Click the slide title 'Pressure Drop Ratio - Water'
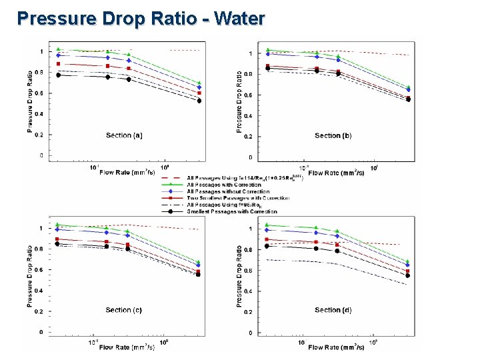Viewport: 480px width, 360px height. click(x=141, y=17)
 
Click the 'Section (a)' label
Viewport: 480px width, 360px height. click(x=123, y=135)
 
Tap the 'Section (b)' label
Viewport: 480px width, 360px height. click(x=333, y=136)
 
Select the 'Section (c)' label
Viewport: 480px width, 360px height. click(x=123, y=310)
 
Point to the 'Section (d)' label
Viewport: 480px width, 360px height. click(x=333, y=310)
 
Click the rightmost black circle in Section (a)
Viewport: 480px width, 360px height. click(x=199, y=101)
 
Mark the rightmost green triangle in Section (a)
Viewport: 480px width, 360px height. click(x=199, y=83)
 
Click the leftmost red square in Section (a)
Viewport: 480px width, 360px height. click(x=59, y=64)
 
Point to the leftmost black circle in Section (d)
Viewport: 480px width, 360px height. click(x=267, y=246)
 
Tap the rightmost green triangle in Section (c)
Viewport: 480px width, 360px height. click(x=199, y=262)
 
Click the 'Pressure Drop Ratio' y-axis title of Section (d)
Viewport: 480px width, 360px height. click(x=239, y=275)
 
